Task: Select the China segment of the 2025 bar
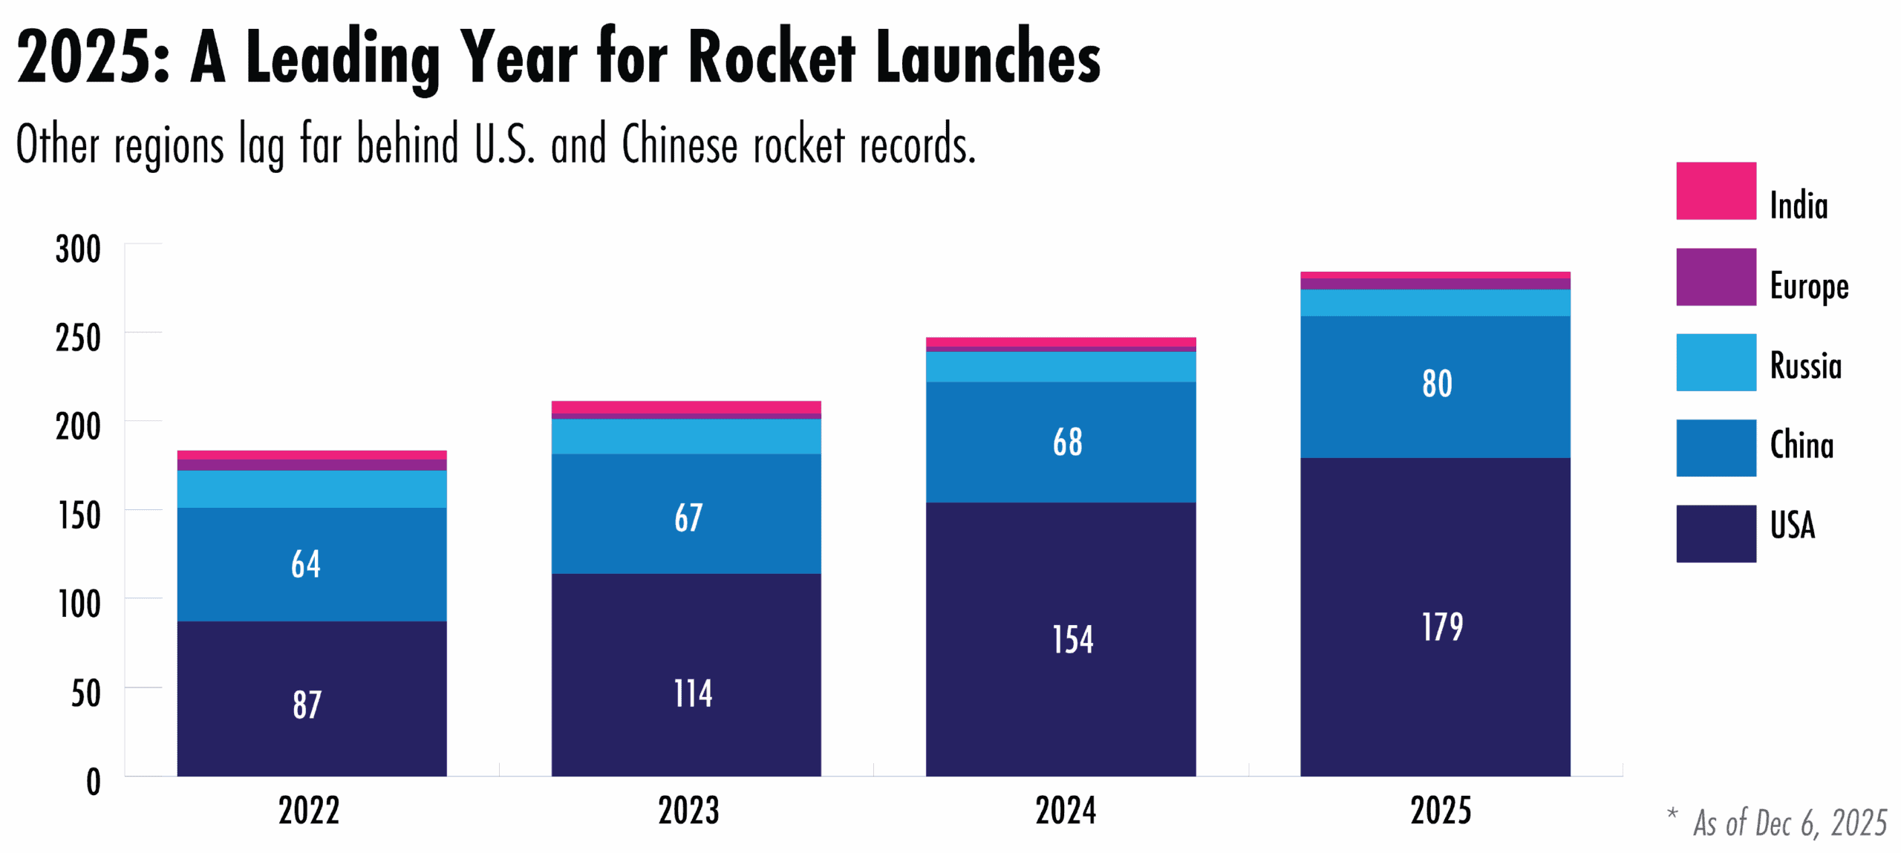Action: click(1435, 416)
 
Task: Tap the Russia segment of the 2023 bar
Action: click(686, 437)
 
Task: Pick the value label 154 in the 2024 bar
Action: click(1072, 639)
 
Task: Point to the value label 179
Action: click(1442, 627)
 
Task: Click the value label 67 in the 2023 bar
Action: click(688, 517)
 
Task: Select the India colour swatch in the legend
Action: click(1715, 191)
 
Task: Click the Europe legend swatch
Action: click(1715, 277)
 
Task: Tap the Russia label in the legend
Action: click(1805, 365)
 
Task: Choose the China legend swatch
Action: click(1715, 448)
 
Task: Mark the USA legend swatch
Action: click(1715, 534)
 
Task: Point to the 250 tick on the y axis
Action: click(78, 339)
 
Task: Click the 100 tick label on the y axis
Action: click(79, 604)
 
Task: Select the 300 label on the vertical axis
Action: click(78, 249)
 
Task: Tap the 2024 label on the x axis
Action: click(1066, 810)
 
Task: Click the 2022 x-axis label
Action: click(309, 810)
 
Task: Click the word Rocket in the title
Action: click(772, 58)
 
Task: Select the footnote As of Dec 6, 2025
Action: click(1789, 823)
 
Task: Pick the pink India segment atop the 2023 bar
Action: click(686, 408)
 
